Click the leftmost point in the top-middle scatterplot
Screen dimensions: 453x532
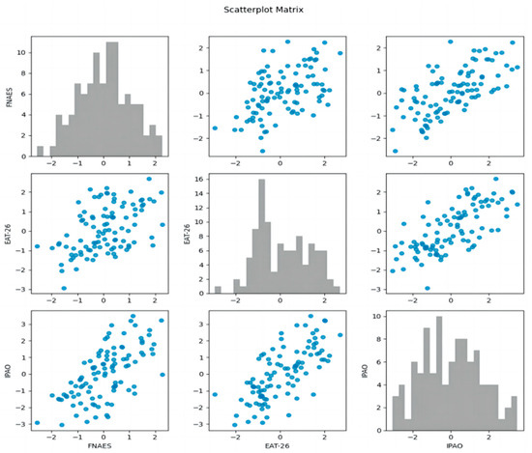215,127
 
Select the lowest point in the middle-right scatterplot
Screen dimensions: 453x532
428,288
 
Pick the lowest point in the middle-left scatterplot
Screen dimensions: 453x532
64,288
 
